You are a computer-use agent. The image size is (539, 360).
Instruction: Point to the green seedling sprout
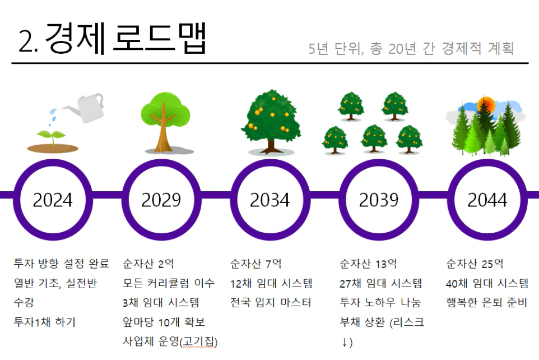[52, 137]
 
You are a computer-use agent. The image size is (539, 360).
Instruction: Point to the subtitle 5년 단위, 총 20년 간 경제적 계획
[411, 49]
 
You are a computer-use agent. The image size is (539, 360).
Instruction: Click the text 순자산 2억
[148, 264]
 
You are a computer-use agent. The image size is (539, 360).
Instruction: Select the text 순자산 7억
[255, 264]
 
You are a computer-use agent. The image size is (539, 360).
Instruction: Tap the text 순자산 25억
[475, 264]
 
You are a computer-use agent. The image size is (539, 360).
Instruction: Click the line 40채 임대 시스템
[487, 283]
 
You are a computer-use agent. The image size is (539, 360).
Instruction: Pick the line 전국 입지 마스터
[271, 303]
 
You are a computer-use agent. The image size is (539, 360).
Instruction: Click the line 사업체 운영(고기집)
[170, 341]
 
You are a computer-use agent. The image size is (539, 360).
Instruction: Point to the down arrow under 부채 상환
[345, 343]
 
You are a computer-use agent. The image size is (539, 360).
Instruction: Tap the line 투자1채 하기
[44, 322]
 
